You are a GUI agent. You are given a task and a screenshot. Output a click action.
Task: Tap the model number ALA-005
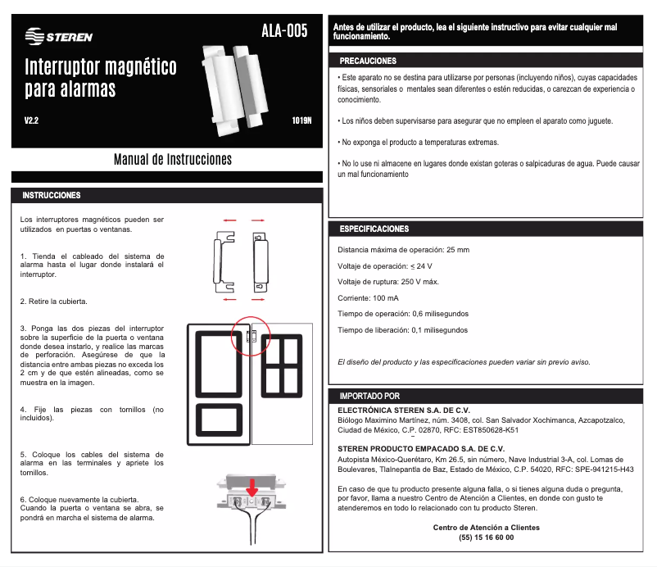click(284, 31)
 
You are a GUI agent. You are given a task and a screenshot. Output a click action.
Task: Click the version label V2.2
click(32, 120)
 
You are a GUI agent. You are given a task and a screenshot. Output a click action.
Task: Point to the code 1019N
click(301, 120)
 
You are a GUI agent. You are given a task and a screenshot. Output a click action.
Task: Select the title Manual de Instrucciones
click(172, 159)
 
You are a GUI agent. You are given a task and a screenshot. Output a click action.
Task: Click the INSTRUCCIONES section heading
click(52, 196)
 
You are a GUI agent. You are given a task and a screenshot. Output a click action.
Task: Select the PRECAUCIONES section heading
click(368, 61)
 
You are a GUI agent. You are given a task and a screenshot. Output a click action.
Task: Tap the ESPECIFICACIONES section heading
click(374, 229)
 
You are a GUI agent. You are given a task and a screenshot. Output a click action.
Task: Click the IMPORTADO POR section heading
click(369, 396)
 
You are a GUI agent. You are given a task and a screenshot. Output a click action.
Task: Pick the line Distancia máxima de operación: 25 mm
click(404, 249)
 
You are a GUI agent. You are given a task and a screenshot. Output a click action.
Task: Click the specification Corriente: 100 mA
click(369, 297)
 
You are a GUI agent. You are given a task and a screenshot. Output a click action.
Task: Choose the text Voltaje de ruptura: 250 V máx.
click(387, 282)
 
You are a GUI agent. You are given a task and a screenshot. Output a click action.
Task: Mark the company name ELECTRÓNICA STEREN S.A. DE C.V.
click(404, 409)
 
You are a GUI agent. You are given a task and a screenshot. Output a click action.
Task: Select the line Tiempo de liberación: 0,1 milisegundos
click(402, 330)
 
